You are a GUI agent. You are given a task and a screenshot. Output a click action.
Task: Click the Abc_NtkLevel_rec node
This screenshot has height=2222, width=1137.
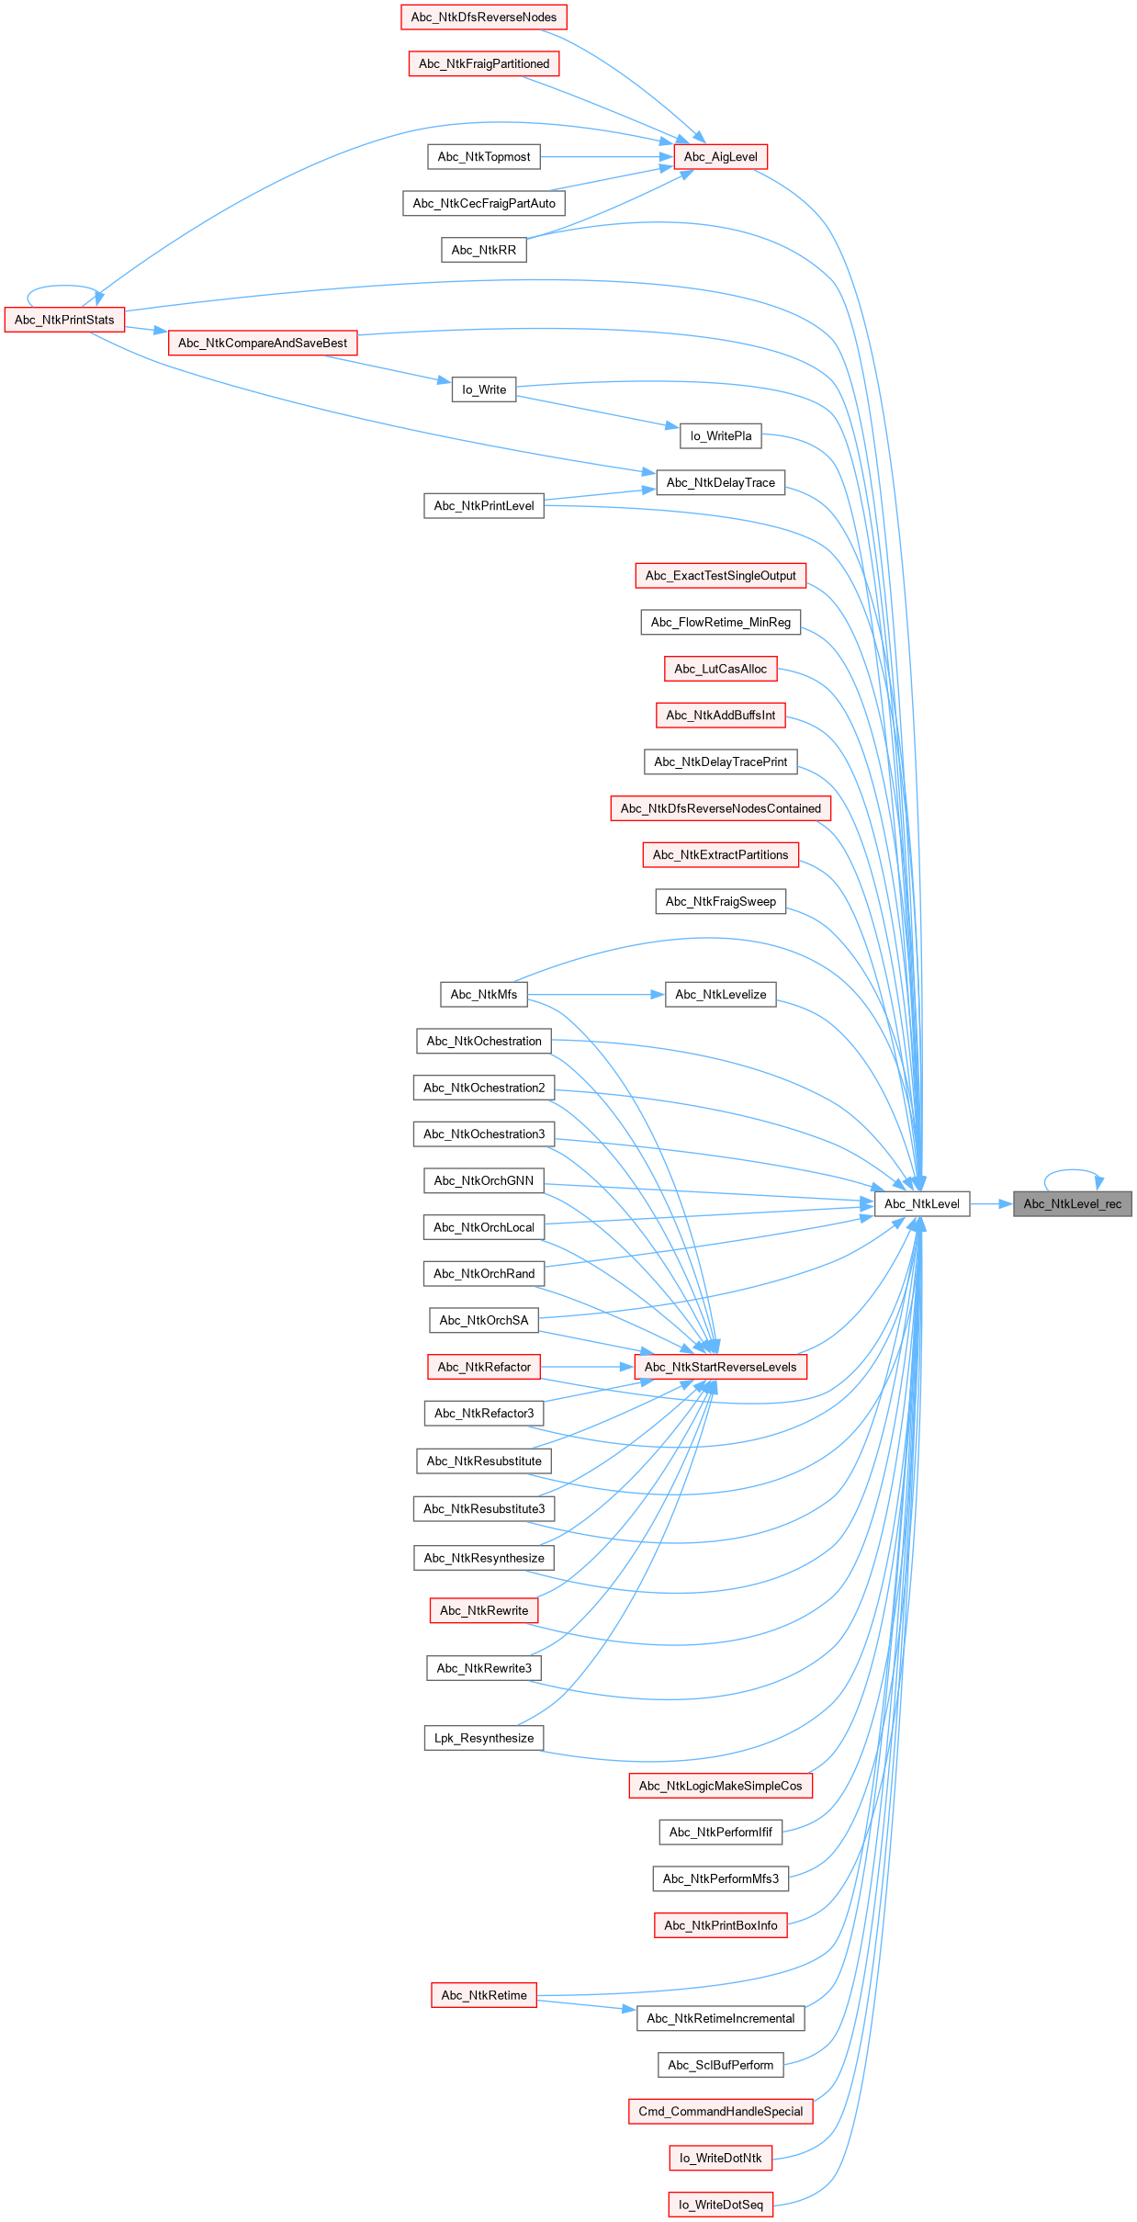click(x=1072, y=1203)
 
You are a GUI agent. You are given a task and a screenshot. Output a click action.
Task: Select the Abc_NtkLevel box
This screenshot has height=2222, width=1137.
click(x=921, y=1203)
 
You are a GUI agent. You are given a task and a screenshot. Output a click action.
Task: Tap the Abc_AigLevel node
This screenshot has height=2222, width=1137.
click(x=720, y=157)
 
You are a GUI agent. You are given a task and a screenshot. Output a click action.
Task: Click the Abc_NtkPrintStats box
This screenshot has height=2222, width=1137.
click(x=64, y=320)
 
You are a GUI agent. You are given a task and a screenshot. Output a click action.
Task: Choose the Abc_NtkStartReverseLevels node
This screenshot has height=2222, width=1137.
click(x=720, y=1367)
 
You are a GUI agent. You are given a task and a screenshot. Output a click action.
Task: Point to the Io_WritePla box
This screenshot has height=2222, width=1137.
click(x=720, y=436)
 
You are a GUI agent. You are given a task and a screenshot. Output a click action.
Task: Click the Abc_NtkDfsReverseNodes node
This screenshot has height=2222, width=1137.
click(x=483, y=17)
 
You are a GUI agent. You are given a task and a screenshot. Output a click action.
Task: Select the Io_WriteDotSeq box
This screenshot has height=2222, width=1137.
click(x=720, y=2205)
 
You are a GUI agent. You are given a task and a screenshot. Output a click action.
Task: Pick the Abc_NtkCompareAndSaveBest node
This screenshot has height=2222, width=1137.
click(x=263, y=344)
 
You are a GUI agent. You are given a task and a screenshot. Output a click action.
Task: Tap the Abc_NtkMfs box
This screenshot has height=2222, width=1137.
click(x=483, y=994)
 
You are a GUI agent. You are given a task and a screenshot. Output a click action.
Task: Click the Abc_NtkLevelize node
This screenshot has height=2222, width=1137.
click(x=720, y=994)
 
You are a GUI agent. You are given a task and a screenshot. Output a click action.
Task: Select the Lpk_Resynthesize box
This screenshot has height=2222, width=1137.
click(x=483, y=1738)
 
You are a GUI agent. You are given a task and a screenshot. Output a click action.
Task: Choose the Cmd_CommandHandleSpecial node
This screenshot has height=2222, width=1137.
click(x=720, y=2111)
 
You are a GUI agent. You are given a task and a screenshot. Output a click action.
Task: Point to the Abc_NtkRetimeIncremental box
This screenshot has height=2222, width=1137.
click(x=720, y=2018)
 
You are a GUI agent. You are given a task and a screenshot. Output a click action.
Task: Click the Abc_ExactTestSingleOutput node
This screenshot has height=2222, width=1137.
click(x=720, y=576)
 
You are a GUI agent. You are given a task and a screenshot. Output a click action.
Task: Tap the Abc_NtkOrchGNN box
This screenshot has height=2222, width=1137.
click(x=483, y=1180)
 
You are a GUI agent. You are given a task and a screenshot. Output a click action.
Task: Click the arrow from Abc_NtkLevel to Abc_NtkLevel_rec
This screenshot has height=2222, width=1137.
click(x=990, y=1203)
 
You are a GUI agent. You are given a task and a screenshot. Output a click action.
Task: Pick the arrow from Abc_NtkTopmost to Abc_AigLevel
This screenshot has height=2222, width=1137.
click(x=606, y=157)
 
